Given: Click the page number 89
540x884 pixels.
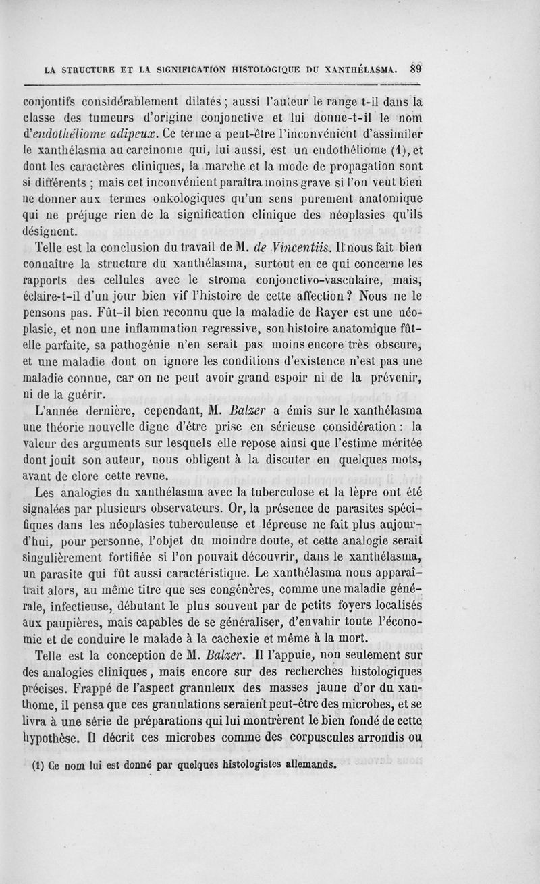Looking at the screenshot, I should pos(416,68).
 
